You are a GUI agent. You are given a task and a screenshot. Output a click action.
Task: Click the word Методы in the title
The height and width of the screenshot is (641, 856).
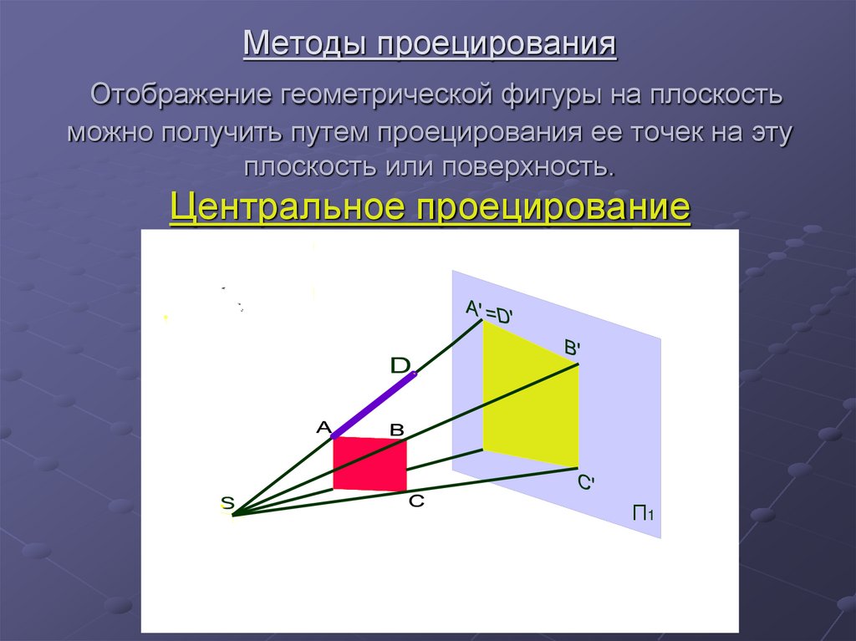coord(308,44)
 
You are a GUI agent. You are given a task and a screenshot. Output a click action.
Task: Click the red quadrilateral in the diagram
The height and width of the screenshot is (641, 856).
coord(369,465)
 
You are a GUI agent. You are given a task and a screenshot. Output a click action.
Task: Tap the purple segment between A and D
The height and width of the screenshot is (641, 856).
coord(374,406)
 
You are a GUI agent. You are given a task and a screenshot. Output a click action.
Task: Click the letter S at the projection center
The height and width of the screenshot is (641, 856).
coord(227,502)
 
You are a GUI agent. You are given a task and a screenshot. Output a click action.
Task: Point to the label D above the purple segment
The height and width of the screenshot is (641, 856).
coord(400,365)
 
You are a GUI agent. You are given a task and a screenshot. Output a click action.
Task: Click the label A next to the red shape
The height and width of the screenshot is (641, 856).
coord(324,427)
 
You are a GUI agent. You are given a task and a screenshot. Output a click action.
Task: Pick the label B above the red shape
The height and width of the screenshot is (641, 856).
coord(397,430)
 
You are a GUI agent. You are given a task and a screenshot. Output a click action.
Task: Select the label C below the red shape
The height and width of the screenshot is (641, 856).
coord(416,501)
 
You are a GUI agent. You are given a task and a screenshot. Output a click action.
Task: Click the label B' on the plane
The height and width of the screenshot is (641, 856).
coord(573,348)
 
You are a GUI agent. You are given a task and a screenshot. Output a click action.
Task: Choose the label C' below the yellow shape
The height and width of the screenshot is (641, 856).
coord(585,483)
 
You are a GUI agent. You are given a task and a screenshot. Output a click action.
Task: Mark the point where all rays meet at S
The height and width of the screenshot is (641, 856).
coord(233,515)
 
